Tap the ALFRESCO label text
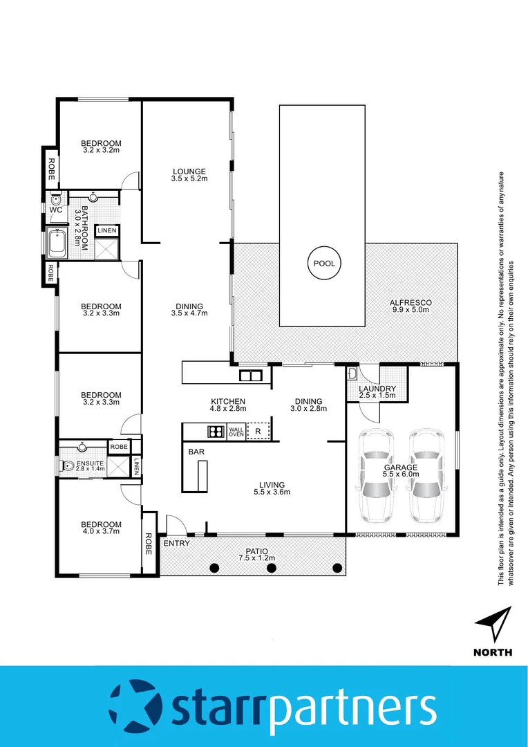click(x=411, y=303)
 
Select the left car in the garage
click(x=377, y=476)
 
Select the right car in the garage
click(x=427, y=476)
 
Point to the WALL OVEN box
click(x=236, y=432)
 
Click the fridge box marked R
click(x=258, y=432)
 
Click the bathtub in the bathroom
click(x=57, y=243)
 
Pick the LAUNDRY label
click(x=377, y=388)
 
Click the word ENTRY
click(x=176, y=544)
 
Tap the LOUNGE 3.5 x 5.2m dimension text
click(x=189, y=178)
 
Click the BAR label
click(x=195, y=451)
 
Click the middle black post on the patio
click(x=272, y=568)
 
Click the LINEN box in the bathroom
click(x=107, y=230)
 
